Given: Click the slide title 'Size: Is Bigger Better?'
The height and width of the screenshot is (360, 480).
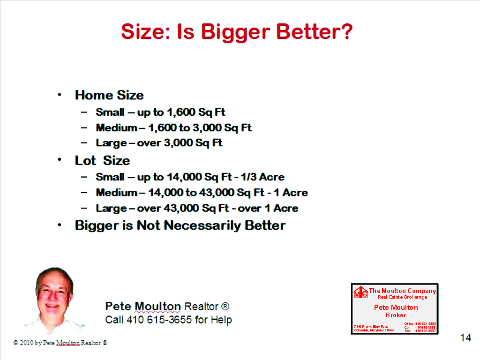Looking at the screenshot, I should tap(237, 32).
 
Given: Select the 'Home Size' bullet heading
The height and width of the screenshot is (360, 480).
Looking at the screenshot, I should tap(109, 95).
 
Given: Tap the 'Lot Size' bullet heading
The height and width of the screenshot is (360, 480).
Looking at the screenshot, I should tap(102, 160).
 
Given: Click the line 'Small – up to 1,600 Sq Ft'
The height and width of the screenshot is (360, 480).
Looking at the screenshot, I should tap(161, 112).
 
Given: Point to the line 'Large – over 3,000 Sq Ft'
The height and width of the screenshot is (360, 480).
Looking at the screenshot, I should tap(159, 143).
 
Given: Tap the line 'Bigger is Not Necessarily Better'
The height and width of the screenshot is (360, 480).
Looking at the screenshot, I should tap(180, 225).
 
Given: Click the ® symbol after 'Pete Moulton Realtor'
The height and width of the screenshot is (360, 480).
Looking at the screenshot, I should tap(225, 307).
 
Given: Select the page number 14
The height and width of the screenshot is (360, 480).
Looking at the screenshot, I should tap(465, 337).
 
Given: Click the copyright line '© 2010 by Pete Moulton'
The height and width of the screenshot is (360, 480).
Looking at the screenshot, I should tap(60, 343).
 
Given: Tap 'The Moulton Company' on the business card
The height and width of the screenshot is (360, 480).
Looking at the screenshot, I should tap(402, 291).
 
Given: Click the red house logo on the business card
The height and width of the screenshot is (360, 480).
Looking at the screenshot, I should tap(360, 292).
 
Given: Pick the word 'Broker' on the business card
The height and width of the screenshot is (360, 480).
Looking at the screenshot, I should tap(396, 315).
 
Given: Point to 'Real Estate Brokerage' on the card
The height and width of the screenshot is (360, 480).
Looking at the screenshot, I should tap(402, 297).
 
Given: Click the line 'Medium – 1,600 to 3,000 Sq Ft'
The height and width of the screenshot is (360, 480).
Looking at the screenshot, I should tap(174, 127).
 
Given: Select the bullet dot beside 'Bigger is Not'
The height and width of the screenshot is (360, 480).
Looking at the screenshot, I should tap(60, 225).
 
